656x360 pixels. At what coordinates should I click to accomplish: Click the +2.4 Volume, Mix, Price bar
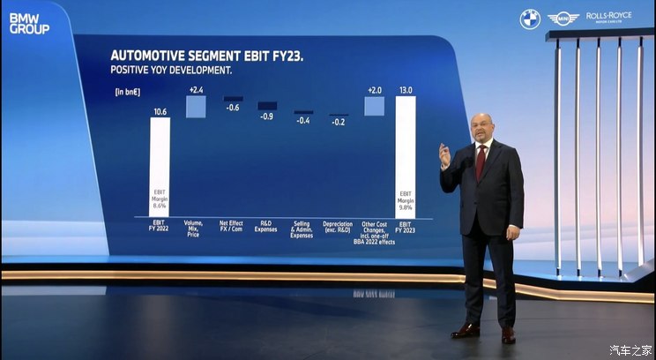195,106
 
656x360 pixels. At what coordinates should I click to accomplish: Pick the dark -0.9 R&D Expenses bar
266,106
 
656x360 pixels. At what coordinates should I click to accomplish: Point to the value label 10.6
160,111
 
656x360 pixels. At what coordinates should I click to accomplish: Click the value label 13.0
406,90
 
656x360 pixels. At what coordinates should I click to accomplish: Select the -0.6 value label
233,108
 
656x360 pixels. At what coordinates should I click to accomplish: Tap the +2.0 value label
374,90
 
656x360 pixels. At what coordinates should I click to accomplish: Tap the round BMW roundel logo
529,19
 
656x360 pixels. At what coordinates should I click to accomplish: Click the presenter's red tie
481,161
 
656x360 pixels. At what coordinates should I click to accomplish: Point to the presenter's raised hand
444,155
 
